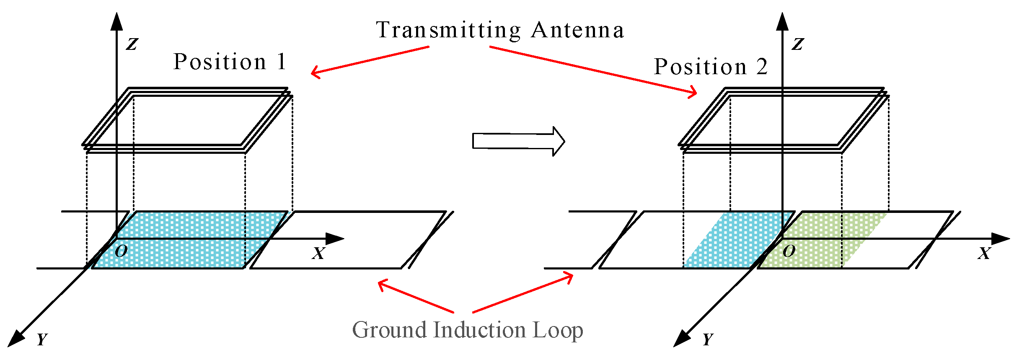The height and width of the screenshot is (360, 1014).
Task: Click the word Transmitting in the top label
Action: click(x=448, y=30)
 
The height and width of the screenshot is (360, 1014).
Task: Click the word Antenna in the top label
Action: click(x=578, y=30)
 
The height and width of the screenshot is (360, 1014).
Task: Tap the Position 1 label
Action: click(x=230, y=62)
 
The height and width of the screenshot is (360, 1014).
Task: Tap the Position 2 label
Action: click(x=711, y=67)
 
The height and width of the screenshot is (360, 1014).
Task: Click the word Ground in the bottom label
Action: click(x=390, y=330)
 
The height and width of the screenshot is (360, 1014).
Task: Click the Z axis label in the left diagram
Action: click(x=132, y=44)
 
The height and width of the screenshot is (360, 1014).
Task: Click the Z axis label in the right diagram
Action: click(x=798, y=44)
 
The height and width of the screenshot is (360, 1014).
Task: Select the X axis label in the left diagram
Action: click(x=318, y=253)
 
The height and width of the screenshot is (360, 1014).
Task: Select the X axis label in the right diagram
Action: click(x=984, y=253)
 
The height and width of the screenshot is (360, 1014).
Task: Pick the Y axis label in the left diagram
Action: click(x=42, y=339)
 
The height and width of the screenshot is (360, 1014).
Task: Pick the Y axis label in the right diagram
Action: click(x=708, y=339)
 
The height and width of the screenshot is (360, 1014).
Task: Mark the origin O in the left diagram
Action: click(x=121, y=251)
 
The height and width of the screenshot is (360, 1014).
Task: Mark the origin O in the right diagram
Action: click(x=789, y=251)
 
